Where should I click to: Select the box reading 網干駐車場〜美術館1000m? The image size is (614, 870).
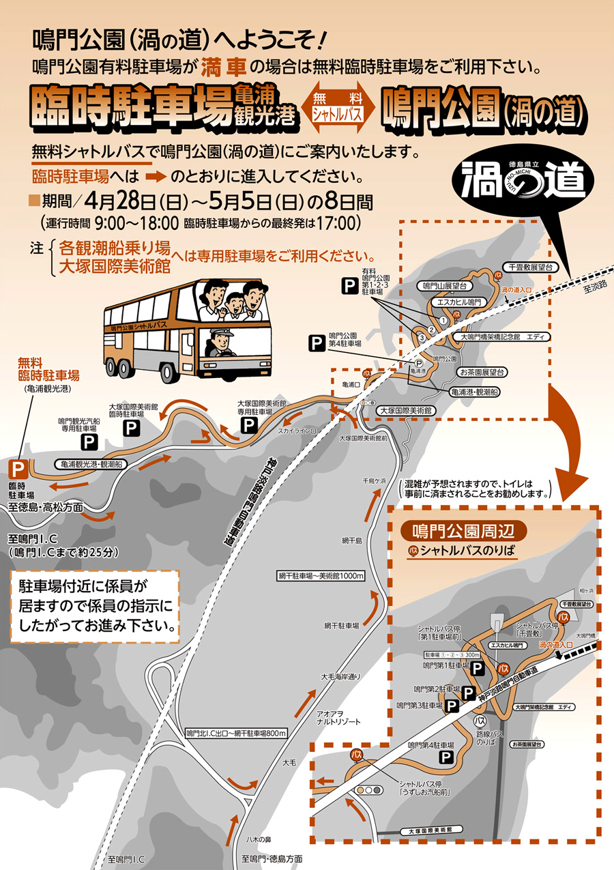click(321, 575)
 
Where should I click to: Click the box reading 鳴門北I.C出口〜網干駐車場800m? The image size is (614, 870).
click(236, 733)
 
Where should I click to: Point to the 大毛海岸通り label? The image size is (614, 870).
click(340, 676)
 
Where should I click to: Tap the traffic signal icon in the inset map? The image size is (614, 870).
click(368, 789)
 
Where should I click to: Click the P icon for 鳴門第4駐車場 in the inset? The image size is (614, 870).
click(445, 757)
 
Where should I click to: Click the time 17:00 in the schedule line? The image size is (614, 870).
click(340, 222)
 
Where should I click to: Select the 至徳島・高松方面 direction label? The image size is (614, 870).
click(46, 507)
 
